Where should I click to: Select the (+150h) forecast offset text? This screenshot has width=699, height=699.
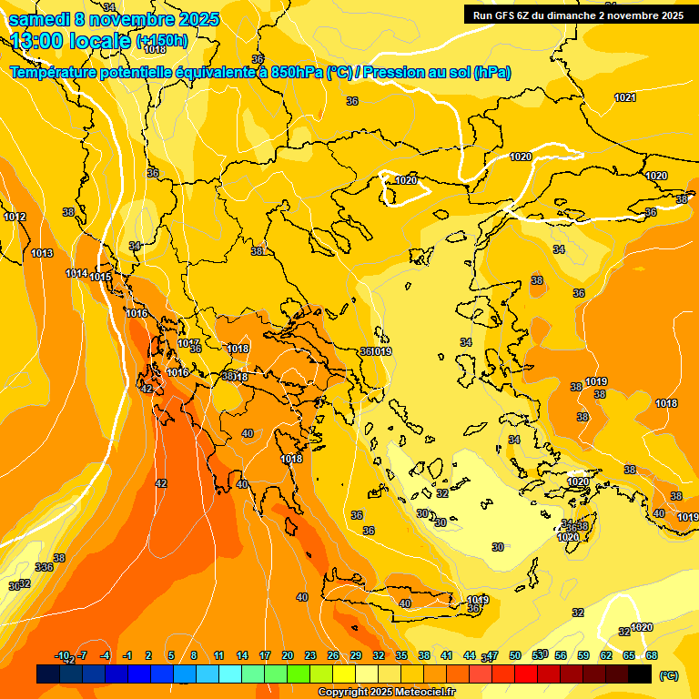pyautogui.click(x=163, y=41)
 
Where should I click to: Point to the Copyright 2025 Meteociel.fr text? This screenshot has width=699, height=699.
pyautogui.click(x=387, y=693)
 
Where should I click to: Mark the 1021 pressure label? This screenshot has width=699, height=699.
pyautogui.click(x=625, y=97)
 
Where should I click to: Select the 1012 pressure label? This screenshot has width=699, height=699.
pyautogui.click(x=15, y=218)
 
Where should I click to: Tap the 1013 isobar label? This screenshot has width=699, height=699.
pyautogui.click(x=42, y=254)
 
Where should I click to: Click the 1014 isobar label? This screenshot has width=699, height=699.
pyautogui.click(x=76, y=274)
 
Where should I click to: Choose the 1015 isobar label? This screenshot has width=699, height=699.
pyautogui.click(x=100, y=278)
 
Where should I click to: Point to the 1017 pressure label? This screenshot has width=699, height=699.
pyautogui.click(x=187, y=343)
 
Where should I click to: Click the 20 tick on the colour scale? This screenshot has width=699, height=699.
pyautogui.click(x=288, y=655)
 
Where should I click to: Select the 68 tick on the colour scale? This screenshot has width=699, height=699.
pyautogui.click(x=652, y=655)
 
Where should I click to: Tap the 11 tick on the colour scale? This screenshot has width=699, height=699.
pyautogui.click(x=219, y=655)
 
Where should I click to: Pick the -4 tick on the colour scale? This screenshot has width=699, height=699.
pyautogui.click(x=105, y=655)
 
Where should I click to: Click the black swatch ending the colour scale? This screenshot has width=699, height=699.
pyautogui.click(x=640, y=674)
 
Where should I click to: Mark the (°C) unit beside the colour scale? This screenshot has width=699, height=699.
pyautogui.click(x=668, y=675)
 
